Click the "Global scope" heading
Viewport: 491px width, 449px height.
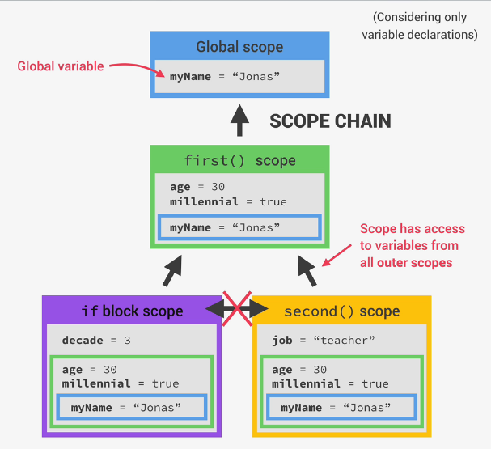click(x=239, y=46)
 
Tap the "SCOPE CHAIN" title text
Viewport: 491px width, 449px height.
click(x=330, y=122)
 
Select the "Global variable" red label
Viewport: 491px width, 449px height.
click(x=61, y=66)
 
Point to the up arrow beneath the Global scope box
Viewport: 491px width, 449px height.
click(x=239, y=121)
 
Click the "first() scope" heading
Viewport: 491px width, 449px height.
click(x=239, y=160)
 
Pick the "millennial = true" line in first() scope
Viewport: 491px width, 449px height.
click(x=228, y=201)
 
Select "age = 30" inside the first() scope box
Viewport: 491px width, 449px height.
click(x=197, y=188)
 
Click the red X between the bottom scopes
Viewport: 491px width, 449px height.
click(x=236, y=308)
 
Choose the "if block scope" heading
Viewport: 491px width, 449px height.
click(x=132, y=311)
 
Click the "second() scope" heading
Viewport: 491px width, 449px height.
click(x=341, y=311)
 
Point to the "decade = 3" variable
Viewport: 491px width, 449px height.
click(x=95, y=341)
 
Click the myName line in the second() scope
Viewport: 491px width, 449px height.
click(x=336, y=407)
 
